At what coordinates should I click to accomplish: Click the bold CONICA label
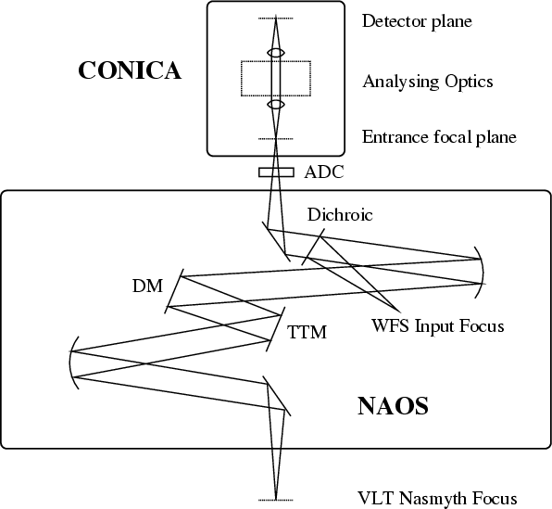pyautogui.click(x=130, y=70)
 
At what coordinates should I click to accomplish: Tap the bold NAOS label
pyautogui.click(x=394, y=406)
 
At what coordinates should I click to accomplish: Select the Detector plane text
pyautogui.click(x=417, y=20)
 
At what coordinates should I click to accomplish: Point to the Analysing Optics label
pyautogui.click(x=428, y=82)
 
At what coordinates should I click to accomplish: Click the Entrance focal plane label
pyautogui.click(x=439, y=137)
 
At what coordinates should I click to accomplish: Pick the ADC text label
pyautogui.click(x=324, y=172)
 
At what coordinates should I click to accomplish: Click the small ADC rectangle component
pyautogui.click(x=276, y=172)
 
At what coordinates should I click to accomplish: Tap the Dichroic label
pyautogui.click(x=340, y=214)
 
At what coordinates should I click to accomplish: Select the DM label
pyautogui.click(x=148, y=286)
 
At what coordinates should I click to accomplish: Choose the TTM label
pyautogui.click(x=307, y=332)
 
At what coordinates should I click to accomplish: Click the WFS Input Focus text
pyautogui.click(x=438, y=325)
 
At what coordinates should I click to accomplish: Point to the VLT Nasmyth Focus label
pyautogui.click(x=437, y=499)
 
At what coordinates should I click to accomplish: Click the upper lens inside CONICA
pyautogui.click(x=276, y=53)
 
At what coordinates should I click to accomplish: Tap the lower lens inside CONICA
pyautogui.click(x=276, y=105)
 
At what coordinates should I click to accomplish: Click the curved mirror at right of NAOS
pyautogui.click(x=483, y=273)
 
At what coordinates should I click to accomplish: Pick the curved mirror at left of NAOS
pyautogui.click(x=69, y=363)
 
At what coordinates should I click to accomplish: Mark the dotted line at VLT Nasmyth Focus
pyautogui.click(x=276, y=500)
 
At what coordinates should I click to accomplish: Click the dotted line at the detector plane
pyautogui.click(x=276, y=18)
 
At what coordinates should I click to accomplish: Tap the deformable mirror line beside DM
pyautogui.click(x=174, y=291)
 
